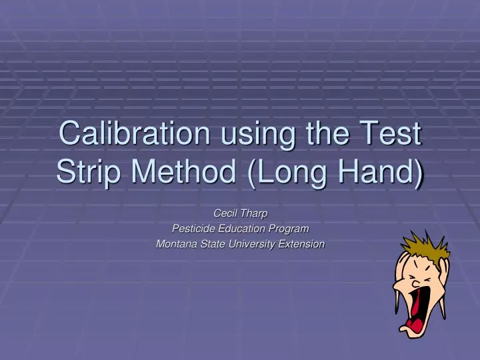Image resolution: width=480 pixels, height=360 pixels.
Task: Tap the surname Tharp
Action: click(x=254, y=213)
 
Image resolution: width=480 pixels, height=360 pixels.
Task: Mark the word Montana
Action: click(x=176, y=244)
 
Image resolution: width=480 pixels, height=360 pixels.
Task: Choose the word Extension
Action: click(x=302, y=244)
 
